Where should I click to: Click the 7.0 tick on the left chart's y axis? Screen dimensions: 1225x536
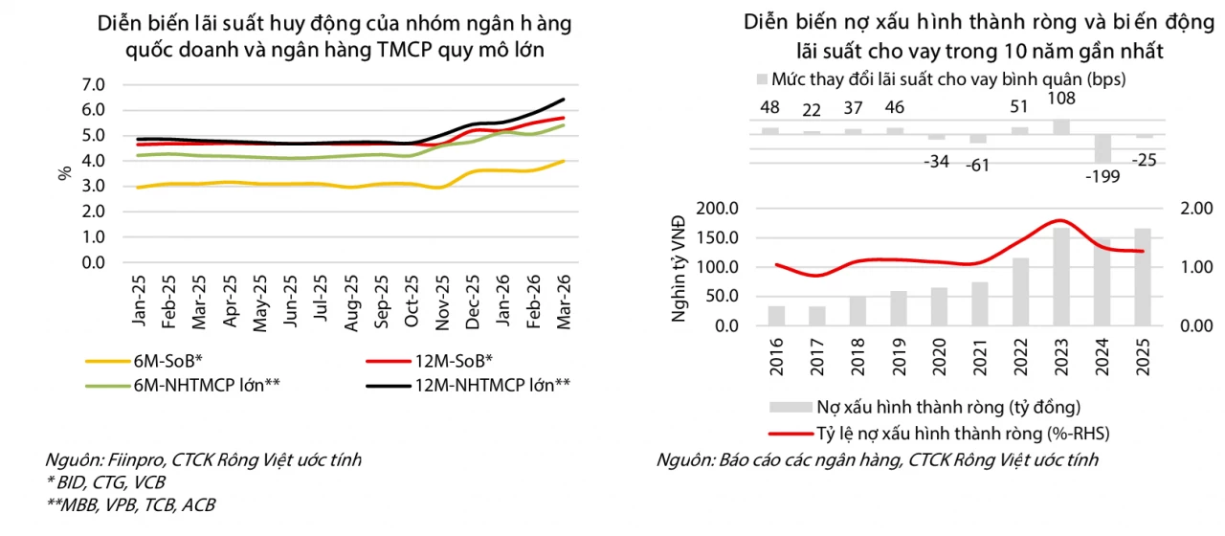pos(93,85)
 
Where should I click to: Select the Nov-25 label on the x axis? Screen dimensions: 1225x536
pos(442,302)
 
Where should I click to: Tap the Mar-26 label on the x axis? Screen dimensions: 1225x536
pos(564,301)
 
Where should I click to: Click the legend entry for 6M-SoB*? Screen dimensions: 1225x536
pos(145,361)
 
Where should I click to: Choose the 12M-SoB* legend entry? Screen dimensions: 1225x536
pos(430,361)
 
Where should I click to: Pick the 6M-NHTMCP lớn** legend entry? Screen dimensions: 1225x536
pos(183,385)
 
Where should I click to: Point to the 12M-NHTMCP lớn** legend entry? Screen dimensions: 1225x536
pos(468,385)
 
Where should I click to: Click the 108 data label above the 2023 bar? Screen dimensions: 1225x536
pos(1061,99)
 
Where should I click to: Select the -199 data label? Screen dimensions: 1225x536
pos(1102,177)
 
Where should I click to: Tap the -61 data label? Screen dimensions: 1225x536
pos(978,165)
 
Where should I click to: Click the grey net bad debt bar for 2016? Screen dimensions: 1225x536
pos(776,316)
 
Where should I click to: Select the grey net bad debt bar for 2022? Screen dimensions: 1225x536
pos(1020,292)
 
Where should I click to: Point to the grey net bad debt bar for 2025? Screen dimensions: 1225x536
pos(1143,278)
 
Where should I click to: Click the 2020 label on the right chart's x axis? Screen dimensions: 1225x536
pos(940,357)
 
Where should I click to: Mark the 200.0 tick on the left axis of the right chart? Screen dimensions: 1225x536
pos(718,209)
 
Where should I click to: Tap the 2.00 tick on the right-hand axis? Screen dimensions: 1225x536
pos(1196,209)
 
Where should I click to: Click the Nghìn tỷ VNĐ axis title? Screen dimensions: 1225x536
pos(678,269)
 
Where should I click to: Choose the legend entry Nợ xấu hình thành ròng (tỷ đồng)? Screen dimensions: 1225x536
pos(924,407)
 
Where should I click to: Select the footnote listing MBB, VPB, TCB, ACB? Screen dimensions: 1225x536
pos(131,504)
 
